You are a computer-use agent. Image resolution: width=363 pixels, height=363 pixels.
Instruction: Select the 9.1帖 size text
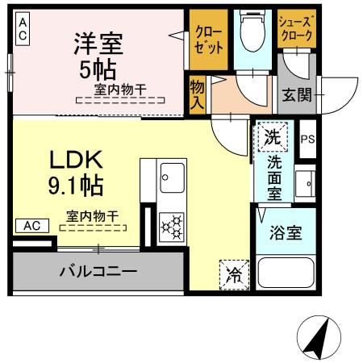[73, 186]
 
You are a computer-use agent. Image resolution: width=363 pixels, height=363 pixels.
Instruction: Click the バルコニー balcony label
[98, 271]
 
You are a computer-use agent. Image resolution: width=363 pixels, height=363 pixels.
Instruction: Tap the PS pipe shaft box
[307, 139]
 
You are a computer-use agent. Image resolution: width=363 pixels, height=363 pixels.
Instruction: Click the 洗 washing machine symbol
[273, 136]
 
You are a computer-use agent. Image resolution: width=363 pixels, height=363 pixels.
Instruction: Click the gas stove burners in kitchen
[173, 227]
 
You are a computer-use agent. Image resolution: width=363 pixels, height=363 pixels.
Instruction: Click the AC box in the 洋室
[23, 31]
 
